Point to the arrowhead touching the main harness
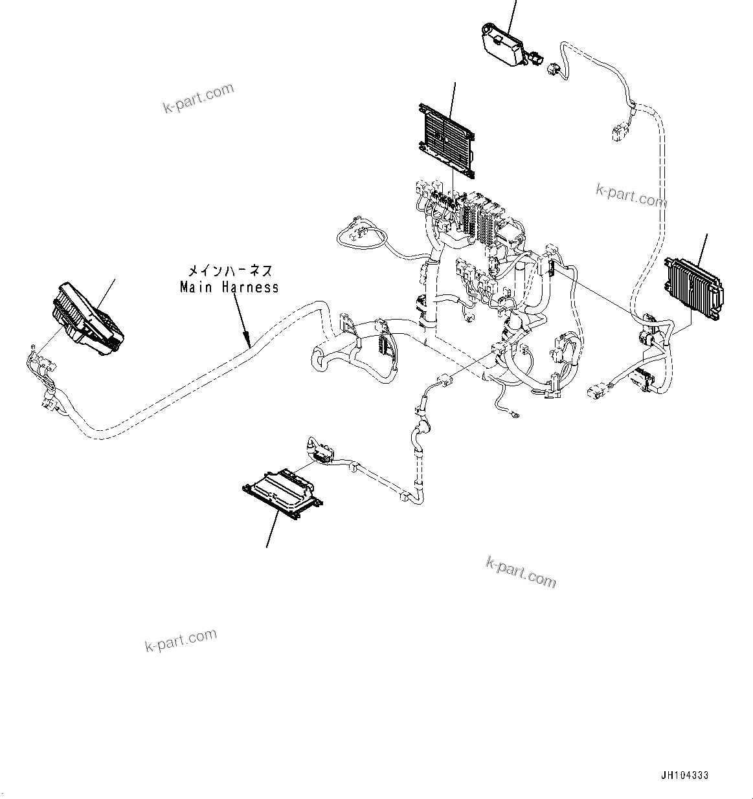pyautogui.click(x=246, y=336)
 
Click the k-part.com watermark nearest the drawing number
pyautogui.click(x=521, y=571)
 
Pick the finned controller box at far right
pyautogui.click(x=691, y=286)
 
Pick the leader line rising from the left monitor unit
pyautogui.click(x=107, y=292)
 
